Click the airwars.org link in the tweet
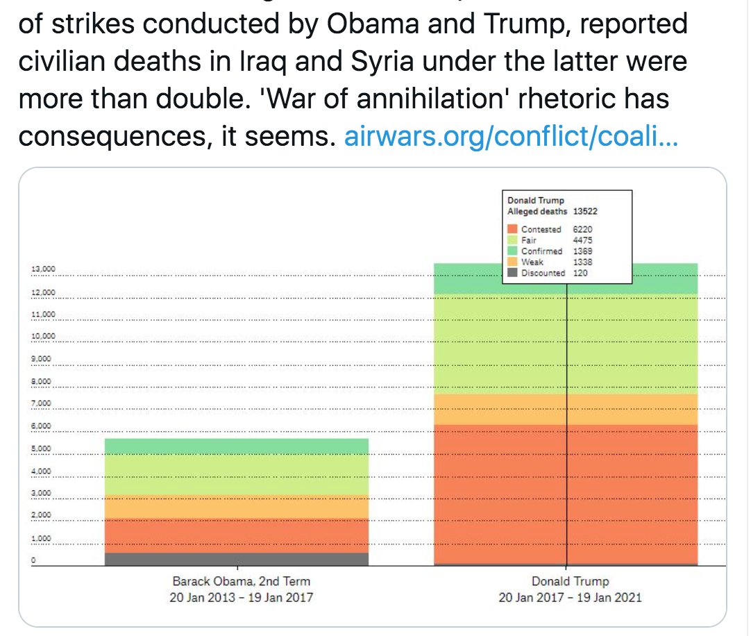pyautogui.click(x=511, y=137)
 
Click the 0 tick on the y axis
pyautogui.click(x=33, y=560)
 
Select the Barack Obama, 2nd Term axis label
pyautogui.click(x=241, y=582)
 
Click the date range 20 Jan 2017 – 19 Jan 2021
pyautogui.click(x=570, y=597)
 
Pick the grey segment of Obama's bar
pyautogui.click(x=237, y=559)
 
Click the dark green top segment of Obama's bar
pyautogui.click(x=237, y=446)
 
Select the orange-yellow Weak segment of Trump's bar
pyautogui.click(x=486, y=409)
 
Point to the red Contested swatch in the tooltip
pyautogui.click(x=512, y=229)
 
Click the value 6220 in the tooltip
pyautogui.click(x=582, y=229)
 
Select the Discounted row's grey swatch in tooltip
pyautogui.click(x=512, y=273)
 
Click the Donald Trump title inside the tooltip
pyautogui.click(x=535, y=201)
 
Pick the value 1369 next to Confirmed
pyautogui.click(x=582, y=251)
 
